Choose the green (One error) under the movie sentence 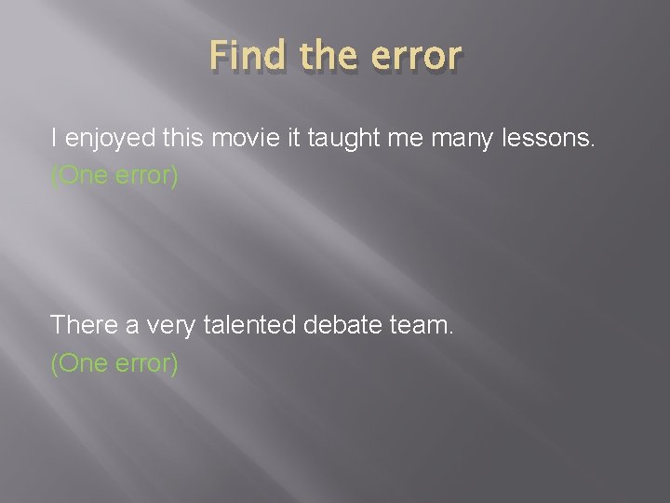coord(114,176)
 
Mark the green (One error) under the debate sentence coord(114,362)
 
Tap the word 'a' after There coord(132,325)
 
